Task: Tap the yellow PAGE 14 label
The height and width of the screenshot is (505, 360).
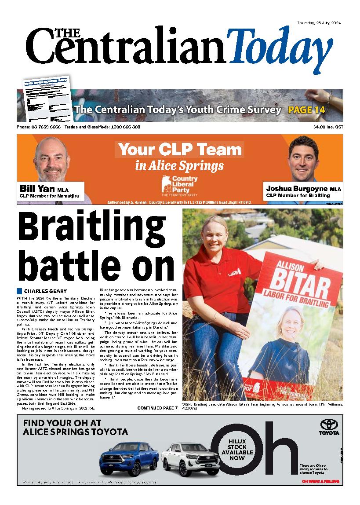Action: click(x=306, y=110)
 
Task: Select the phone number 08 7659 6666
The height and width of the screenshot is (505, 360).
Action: click(x=45, y=127)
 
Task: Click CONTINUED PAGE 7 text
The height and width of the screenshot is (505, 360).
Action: click(x=157, y=408)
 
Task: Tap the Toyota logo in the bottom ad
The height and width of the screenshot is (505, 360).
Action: click(x=329, y=426)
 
